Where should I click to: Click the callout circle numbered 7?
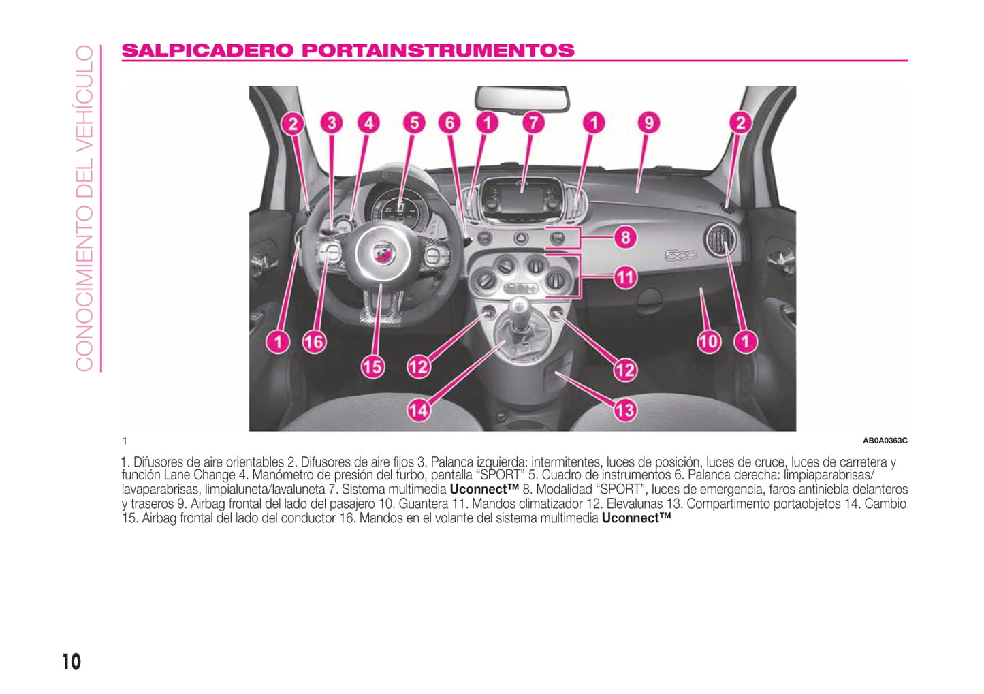(533, 123)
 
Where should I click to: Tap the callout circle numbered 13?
(624, 410)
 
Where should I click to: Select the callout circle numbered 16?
(314, 342)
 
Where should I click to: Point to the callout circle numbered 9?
(649, 123)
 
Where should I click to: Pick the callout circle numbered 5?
(414, 123)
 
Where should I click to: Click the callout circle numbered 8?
(626, 238)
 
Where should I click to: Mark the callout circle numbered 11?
(626, 278)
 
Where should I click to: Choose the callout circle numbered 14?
(419, 410)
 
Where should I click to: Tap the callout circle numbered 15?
(372, 367)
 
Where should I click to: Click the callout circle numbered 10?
(709, 342)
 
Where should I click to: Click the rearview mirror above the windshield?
(522, 99)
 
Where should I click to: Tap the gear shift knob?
(520, 306)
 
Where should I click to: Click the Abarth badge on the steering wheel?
(384, 254)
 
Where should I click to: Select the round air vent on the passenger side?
(720, 239)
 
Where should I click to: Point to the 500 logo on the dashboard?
(681, 255)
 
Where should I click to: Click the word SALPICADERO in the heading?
(207, 50)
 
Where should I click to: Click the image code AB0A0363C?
(885, 441)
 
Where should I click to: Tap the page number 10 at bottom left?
(72, 662)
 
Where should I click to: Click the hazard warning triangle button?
(520, 238)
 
